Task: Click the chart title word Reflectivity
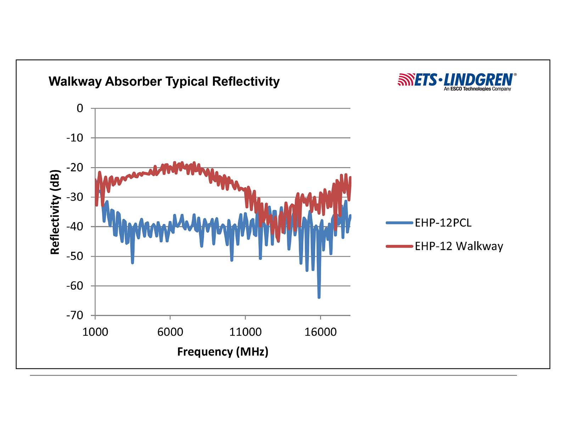[246, 82]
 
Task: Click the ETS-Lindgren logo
[457, 81]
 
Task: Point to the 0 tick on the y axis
[80, 108]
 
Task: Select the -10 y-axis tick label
[75, 138]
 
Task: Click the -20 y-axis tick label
[75, 168]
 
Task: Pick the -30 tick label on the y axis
[75, 197]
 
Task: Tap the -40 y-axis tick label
[75, 227]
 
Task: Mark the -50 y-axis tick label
[75, 256]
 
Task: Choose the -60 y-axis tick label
[75, 286]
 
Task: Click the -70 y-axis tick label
[75, 315]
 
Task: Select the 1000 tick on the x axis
[95, 332]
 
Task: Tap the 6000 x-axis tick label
[170, 332]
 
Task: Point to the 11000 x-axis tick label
[245, 332]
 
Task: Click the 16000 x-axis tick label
[320, 332]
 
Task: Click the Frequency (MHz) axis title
[223, 352]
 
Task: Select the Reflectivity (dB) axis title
[55, 212]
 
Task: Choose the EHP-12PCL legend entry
[443, 223]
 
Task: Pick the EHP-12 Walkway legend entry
[459, 246]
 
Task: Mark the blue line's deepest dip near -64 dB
[319, 297]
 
